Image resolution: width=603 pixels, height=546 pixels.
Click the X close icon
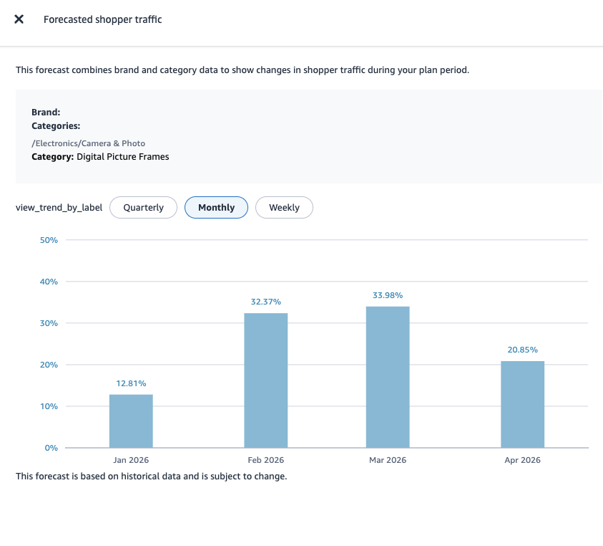coord(19,19)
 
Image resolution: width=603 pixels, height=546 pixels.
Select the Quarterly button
coord(143,208)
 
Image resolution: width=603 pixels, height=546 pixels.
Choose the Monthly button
coord(216,208)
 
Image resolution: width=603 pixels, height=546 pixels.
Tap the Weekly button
coord(284,208)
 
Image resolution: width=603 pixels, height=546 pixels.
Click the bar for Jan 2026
coord(131,421)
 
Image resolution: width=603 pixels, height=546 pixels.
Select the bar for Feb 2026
coord(266,380)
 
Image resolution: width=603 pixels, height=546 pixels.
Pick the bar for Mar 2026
coord(388,377)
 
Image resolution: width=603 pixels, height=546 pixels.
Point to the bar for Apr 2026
coord(522,405)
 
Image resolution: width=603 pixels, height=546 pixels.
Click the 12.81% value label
coord(131,383)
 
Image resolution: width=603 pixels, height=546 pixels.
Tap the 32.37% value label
coord(266,302)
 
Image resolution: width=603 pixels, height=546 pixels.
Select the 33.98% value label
coord(388,295)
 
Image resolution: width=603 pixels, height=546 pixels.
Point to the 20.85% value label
coord(522,350)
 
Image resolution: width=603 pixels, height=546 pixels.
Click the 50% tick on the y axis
coord(49,240)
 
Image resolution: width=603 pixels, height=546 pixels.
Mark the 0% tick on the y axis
coord(51,448)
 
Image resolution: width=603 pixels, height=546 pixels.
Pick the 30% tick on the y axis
coord(49,323)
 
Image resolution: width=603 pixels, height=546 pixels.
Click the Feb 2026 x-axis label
coord(266,460)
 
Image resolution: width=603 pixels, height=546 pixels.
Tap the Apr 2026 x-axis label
coord(522,460)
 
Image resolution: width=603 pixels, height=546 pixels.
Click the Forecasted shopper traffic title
coord(103,19)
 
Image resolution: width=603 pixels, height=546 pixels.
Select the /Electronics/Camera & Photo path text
coord(88,143)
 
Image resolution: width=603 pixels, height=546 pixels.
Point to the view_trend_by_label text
coord(59,208)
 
